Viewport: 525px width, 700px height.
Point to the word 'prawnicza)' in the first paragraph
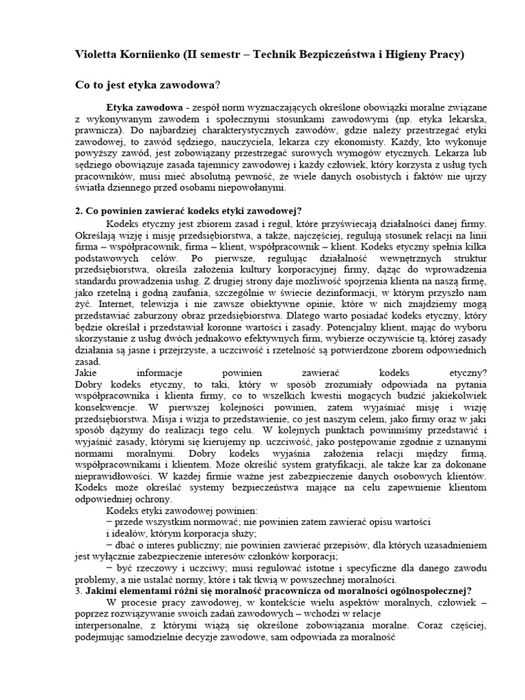(x=96, y=128)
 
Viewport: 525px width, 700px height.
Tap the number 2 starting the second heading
(x=77, y=211)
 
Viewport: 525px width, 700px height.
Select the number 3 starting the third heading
(x=77, y=591)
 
